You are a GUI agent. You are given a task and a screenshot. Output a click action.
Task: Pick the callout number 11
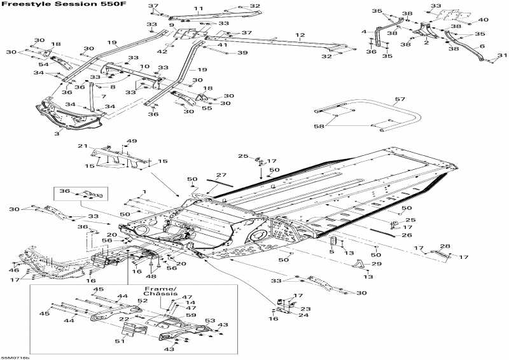point(199,9)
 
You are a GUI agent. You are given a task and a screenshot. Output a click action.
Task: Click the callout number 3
point(57,134)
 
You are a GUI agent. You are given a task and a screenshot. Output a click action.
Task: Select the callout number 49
point(131,141)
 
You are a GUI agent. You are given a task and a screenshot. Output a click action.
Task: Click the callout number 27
point(221,174)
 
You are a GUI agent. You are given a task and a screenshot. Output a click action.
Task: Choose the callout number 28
point(445,246)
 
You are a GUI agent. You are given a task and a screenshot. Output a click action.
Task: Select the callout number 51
point(121,341)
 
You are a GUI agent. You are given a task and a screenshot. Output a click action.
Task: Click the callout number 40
point(484,20)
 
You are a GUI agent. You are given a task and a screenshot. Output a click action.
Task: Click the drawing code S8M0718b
point(15,357)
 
